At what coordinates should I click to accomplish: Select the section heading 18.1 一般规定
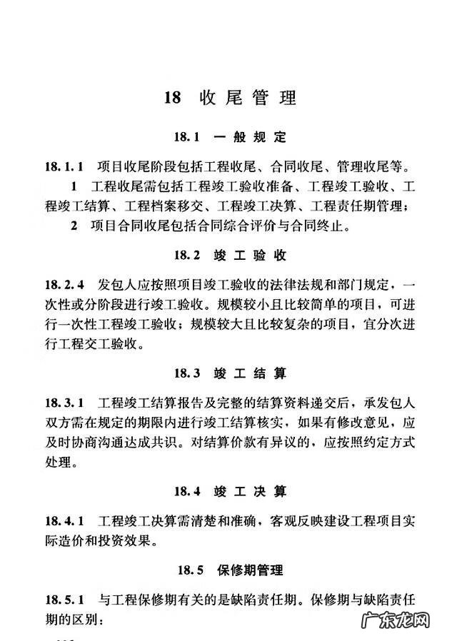tap(228, 138)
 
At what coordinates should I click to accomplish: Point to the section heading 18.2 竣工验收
tap(228, 255)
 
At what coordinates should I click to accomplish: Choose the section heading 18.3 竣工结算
tap(228, 373)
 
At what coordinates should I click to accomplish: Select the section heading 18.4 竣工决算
tap(228, 491)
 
